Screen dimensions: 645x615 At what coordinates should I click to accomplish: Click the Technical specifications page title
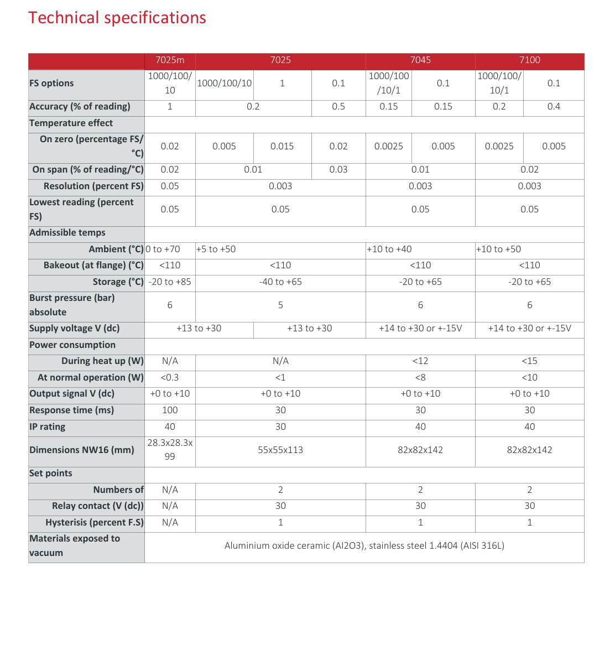coord(117,18)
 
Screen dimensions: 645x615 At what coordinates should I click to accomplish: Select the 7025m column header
coord(170,60)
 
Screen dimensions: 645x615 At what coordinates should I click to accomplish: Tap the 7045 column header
coord(420,60)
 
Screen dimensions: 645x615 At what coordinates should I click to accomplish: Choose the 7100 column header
coord(529,60)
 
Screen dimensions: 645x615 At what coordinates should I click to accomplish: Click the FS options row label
coord(51,84)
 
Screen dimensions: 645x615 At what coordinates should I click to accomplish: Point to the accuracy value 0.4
coord(554,107)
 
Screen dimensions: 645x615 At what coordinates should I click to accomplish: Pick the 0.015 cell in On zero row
coord(282,147)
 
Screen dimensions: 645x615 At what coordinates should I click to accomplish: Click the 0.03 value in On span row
coord(338,170)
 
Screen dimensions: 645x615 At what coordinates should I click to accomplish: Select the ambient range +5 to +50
coord(216,249)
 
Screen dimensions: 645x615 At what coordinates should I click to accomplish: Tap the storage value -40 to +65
coord(280,282)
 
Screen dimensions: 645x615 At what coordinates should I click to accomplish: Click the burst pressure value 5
coord(280,305)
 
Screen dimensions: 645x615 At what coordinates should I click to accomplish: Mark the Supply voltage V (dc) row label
coord(74,329)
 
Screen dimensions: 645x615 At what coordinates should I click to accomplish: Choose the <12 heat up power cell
coord(420,361)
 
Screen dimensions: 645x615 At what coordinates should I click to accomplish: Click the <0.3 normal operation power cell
coord(170,378)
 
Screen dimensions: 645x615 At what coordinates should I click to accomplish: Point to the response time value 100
coord(170,410)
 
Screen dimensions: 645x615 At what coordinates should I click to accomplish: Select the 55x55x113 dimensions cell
coord(280,450)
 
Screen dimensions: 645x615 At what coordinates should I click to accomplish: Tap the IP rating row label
coord(47,427)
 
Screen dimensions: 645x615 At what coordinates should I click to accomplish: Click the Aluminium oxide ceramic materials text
coord(364,546)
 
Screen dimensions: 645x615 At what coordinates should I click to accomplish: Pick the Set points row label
coord(50,474)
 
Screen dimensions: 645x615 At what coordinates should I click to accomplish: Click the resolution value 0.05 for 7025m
coord(170,186)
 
